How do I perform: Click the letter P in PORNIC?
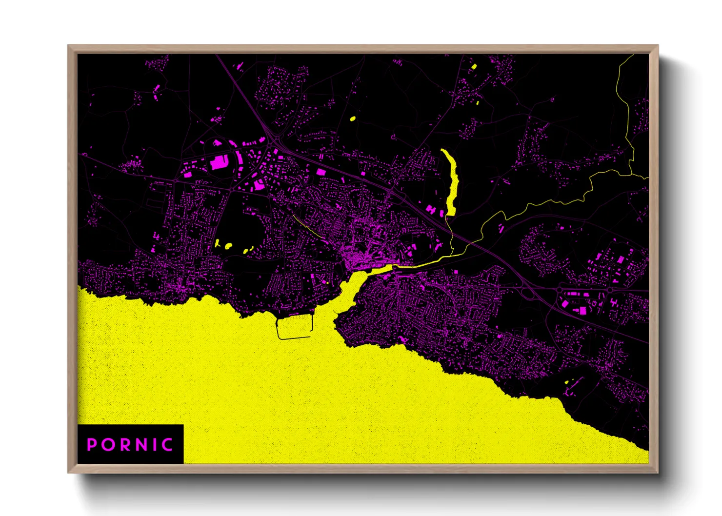(x=91, y=445)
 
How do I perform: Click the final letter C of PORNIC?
(x=167, y=445)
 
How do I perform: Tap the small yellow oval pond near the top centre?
(x=353, y=119)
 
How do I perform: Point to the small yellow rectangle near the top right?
(x=474, y=66)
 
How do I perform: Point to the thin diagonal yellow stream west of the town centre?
(x=307, y=226)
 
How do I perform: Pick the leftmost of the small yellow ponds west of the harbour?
(x=218, y=243)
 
